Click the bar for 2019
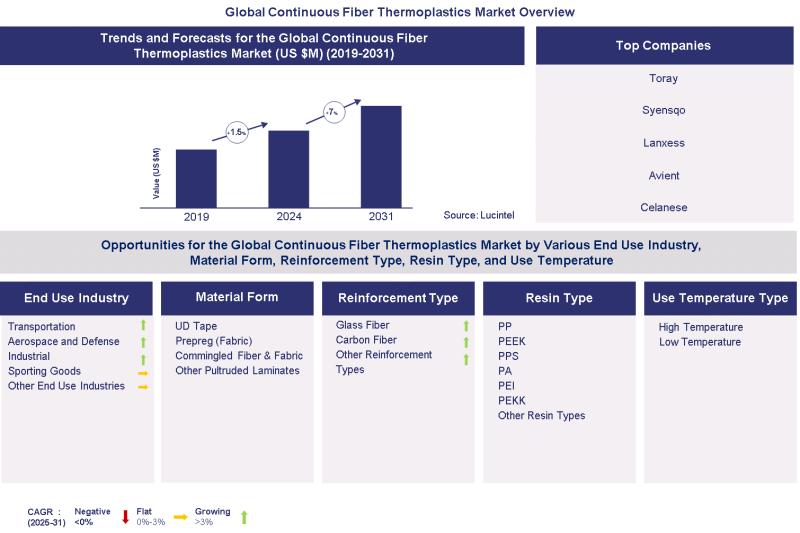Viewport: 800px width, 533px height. [196, 178]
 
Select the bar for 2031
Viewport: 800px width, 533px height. [381, 156]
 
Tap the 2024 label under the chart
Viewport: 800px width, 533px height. [288, 216]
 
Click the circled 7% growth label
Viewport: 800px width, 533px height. [333, 112]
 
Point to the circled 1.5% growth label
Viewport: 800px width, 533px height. [237, 132]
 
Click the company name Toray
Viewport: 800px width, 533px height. [664, 78]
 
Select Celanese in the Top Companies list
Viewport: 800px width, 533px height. [664, 207]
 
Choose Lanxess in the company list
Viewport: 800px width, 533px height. [664, 143]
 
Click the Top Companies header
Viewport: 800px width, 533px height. [664, 45]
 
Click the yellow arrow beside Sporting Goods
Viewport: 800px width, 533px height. [143, 372]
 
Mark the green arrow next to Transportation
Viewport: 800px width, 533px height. [143, 326]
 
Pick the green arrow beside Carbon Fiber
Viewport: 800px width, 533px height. [466, 341]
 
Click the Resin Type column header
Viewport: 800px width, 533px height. [558, 298]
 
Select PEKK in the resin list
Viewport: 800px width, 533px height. [511, 400]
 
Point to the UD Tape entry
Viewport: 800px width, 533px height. [196, 326]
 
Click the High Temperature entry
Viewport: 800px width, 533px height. [700, 327]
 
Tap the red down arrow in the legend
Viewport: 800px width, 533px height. [125, 516]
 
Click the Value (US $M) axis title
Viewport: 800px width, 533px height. [157, 173]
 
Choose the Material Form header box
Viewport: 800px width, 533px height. [236, 297]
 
